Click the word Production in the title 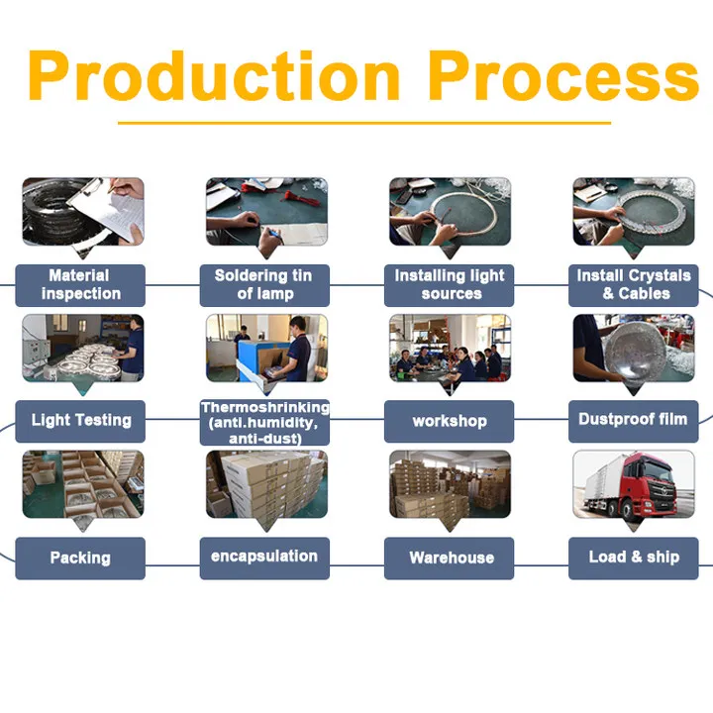(216, 76)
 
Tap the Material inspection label (80, 285)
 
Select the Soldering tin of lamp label (264, 285)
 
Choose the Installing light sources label (450, 285)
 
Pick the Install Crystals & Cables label (634, 285)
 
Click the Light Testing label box (80, 421)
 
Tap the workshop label (450, 421)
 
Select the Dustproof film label (634, 420)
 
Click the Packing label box (80, 559)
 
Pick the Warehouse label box (450, 559)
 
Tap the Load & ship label (634, 558)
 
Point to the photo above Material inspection (82, 212)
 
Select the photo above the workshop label (450, 348)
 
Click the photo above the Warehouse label (450, 485)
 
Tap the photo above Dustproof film (634, 348)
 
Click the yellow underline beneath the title (364, 123)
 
